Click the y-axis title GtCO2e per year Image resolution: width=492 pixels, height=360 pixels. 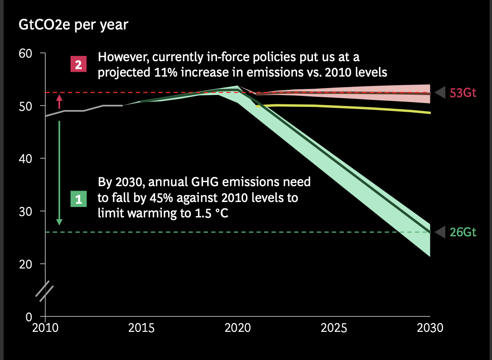73,25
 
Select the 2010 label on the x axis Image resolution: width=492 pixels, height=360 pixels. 45,328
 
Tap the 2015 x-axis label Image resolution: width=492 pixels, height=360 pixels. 142,328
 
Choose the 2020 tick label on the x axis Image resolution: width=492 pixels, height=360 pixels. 238,328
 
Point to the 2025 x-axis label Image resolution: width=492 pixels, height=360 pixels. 334,328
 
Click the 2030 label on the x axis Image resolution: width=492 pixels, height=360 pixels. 430,328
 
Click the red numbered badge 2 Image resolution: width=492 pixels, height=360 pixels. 79,65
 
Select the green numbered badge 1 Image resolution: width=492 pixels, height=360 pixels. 79,199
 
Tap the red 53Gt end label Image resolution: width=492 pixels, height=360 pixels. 463,93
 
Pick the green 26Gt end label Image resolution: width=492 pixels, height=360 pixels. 463,232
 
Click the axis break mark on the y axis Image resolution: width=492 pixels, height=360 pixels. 44,291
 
